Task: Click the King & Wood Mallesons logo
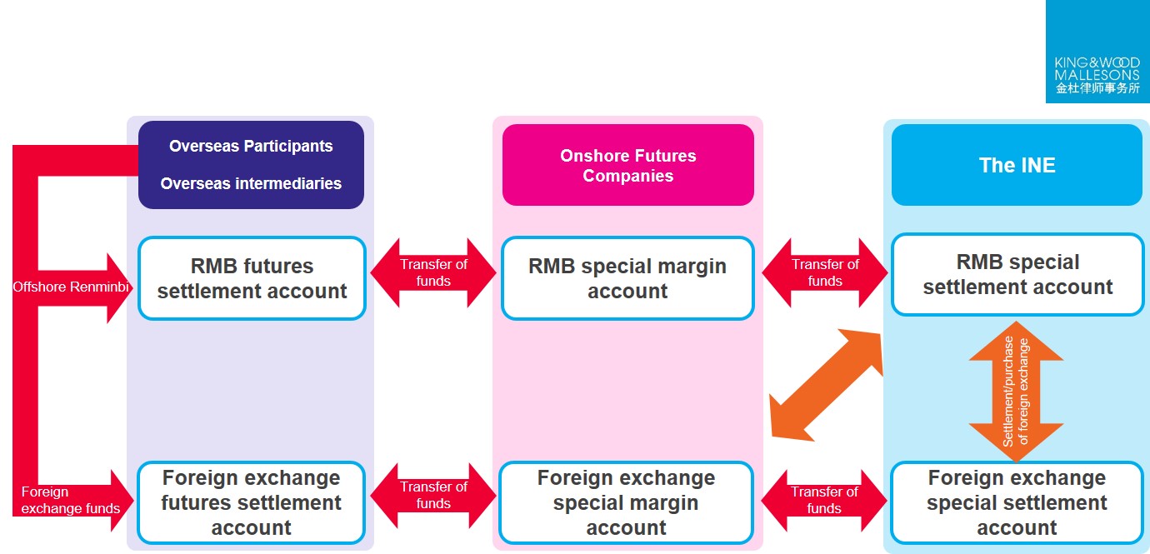click(1097, 52)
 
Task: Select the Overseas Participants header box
click(251, 164)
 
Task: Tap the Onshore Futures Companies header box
click(627, 165)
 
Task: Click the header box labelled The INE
click(1017, 165)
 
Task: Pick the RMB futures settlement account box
click(252, 278)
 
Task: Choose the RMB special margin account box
click(627, 278)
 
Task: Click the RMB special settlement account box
click(1017, 275)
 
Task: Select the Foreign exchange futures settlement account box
click(252, 502)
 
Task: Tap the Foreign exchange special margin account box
click(626, 502)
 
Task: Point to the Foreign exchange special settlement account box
click(1017, 502)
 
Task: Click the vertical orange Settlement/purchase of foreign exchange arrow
click(1016, 392)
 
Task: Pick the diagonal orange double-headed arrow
click(825, 384)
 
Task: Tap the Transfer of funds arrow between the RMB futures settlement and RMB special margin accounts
click(433, 272)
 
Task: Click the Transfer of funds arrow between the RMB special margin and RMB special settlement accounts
click(825, 272)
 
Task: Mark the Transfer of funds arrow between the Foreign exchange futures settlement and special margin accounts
click(433, 495)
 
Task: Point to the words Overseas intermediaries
click(251, 183)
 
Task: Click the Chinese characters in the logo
click(1097, 87)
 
